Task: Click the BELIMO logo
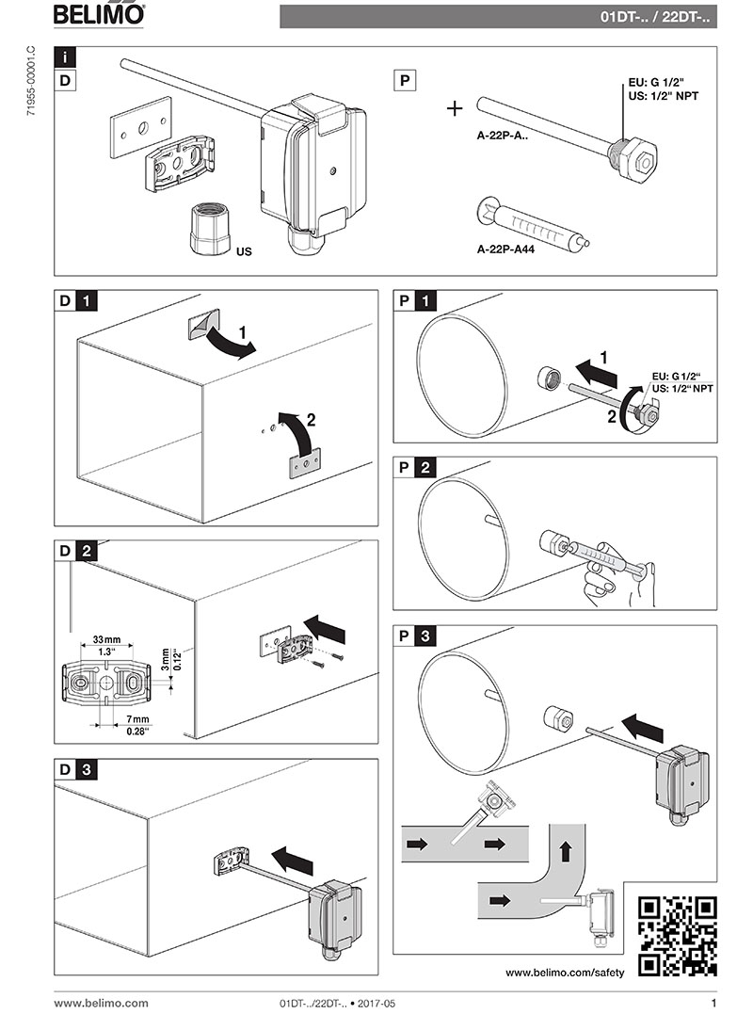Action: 99,15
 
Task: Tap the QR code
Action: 677,935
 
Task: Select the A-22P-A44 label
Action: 505,251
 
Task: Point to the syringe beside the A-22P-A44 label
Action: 532,226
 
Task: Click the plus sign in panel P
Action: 455,108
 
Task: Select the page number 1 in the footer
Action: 713,1004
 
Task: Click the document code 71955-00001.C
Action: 33,90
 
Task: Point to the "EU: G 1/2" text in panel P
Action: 656,83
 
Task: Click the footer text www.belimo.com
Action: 101,1004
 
